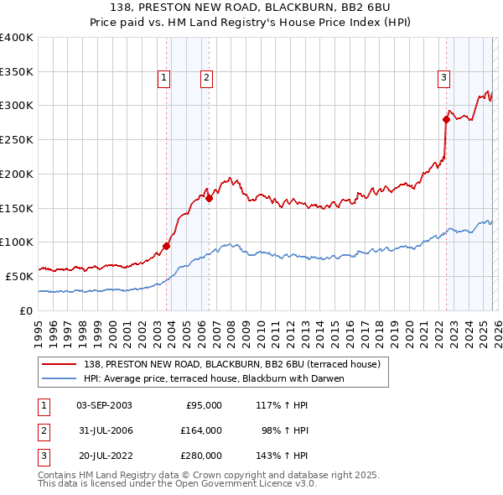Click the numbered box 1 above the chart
163,78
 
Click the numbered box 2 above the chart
205,78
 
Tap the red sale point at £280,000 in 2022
446,119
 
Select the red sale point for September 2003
166,246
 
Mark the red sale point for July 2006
209,199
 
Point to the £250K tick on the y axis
17,140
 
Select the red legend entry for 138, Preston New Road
231,364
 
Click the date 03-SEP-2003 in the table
104,405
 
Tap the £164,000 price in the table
201,430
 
